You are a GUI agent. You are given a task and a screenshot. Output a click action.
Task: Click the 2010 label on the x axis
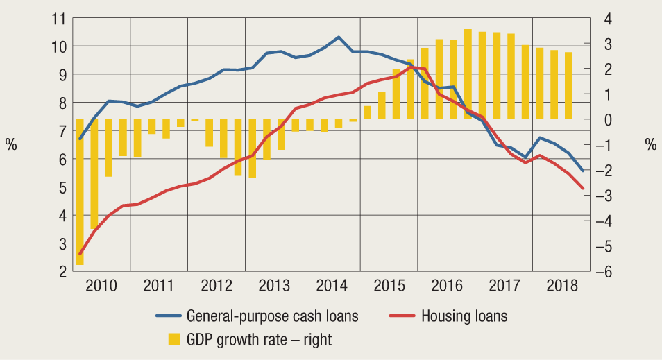click(102, 285)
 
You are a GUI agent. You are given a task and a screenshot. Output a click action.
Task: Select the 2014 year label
click(332, 285)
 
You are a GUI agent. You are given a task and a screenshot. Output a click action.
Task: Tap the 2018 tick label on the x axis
click(561, 285)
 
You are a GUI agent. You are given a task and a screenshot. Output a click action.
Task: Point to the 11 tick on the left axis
click(59, 18)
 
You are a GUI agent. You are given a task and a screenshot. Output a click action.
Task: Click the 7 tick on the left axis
click(62, 131)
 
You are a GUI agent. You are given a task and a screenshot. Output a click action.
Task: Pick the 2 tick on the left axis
click(62, 272)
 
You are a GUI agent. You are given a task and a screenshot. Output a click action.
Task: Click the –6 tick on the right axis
click(602, 272)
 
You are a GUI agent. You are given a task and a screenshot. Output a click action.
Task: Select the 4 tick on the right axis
click(606, 18)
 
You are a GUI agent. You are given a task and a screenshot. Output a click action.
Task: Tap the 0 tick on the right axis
click(606, 119)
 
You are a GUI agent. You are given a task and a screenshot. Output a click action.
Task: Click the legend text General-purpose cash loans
click(272, 316)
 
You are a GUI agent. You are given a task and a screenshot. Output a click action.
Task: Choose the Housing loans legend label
click(464, 316)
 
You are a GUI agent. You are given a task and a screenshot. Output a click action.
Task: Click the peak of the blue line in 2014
click(338, 37)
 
